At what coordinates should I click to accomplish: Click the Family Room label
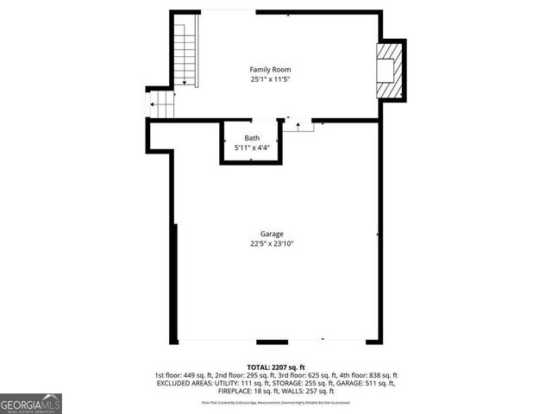pos(270,69)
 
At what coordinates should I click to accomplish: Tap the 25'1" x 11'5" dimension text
pos(270,79)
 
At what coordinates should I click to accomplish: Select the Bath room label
pos(251,138)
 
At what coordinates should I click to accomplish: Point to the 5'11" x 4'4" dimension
pos(251,148)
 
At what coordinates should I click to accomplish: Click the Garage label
pos(272,234)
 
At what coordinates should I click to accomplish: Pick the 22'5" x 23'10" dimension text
pos(272,243)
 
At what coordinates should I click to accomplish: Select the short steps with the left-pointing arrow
pos(162,106)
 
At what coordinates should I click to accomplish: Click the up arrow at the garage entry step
pos(298,126)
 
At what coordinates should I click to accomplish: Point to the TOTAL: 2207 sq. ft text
pos(276,367)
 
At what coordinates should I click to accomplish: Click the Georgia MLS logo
pos(31,403)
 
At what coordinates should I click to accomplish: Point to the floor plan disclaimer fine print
pos(276,401)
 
